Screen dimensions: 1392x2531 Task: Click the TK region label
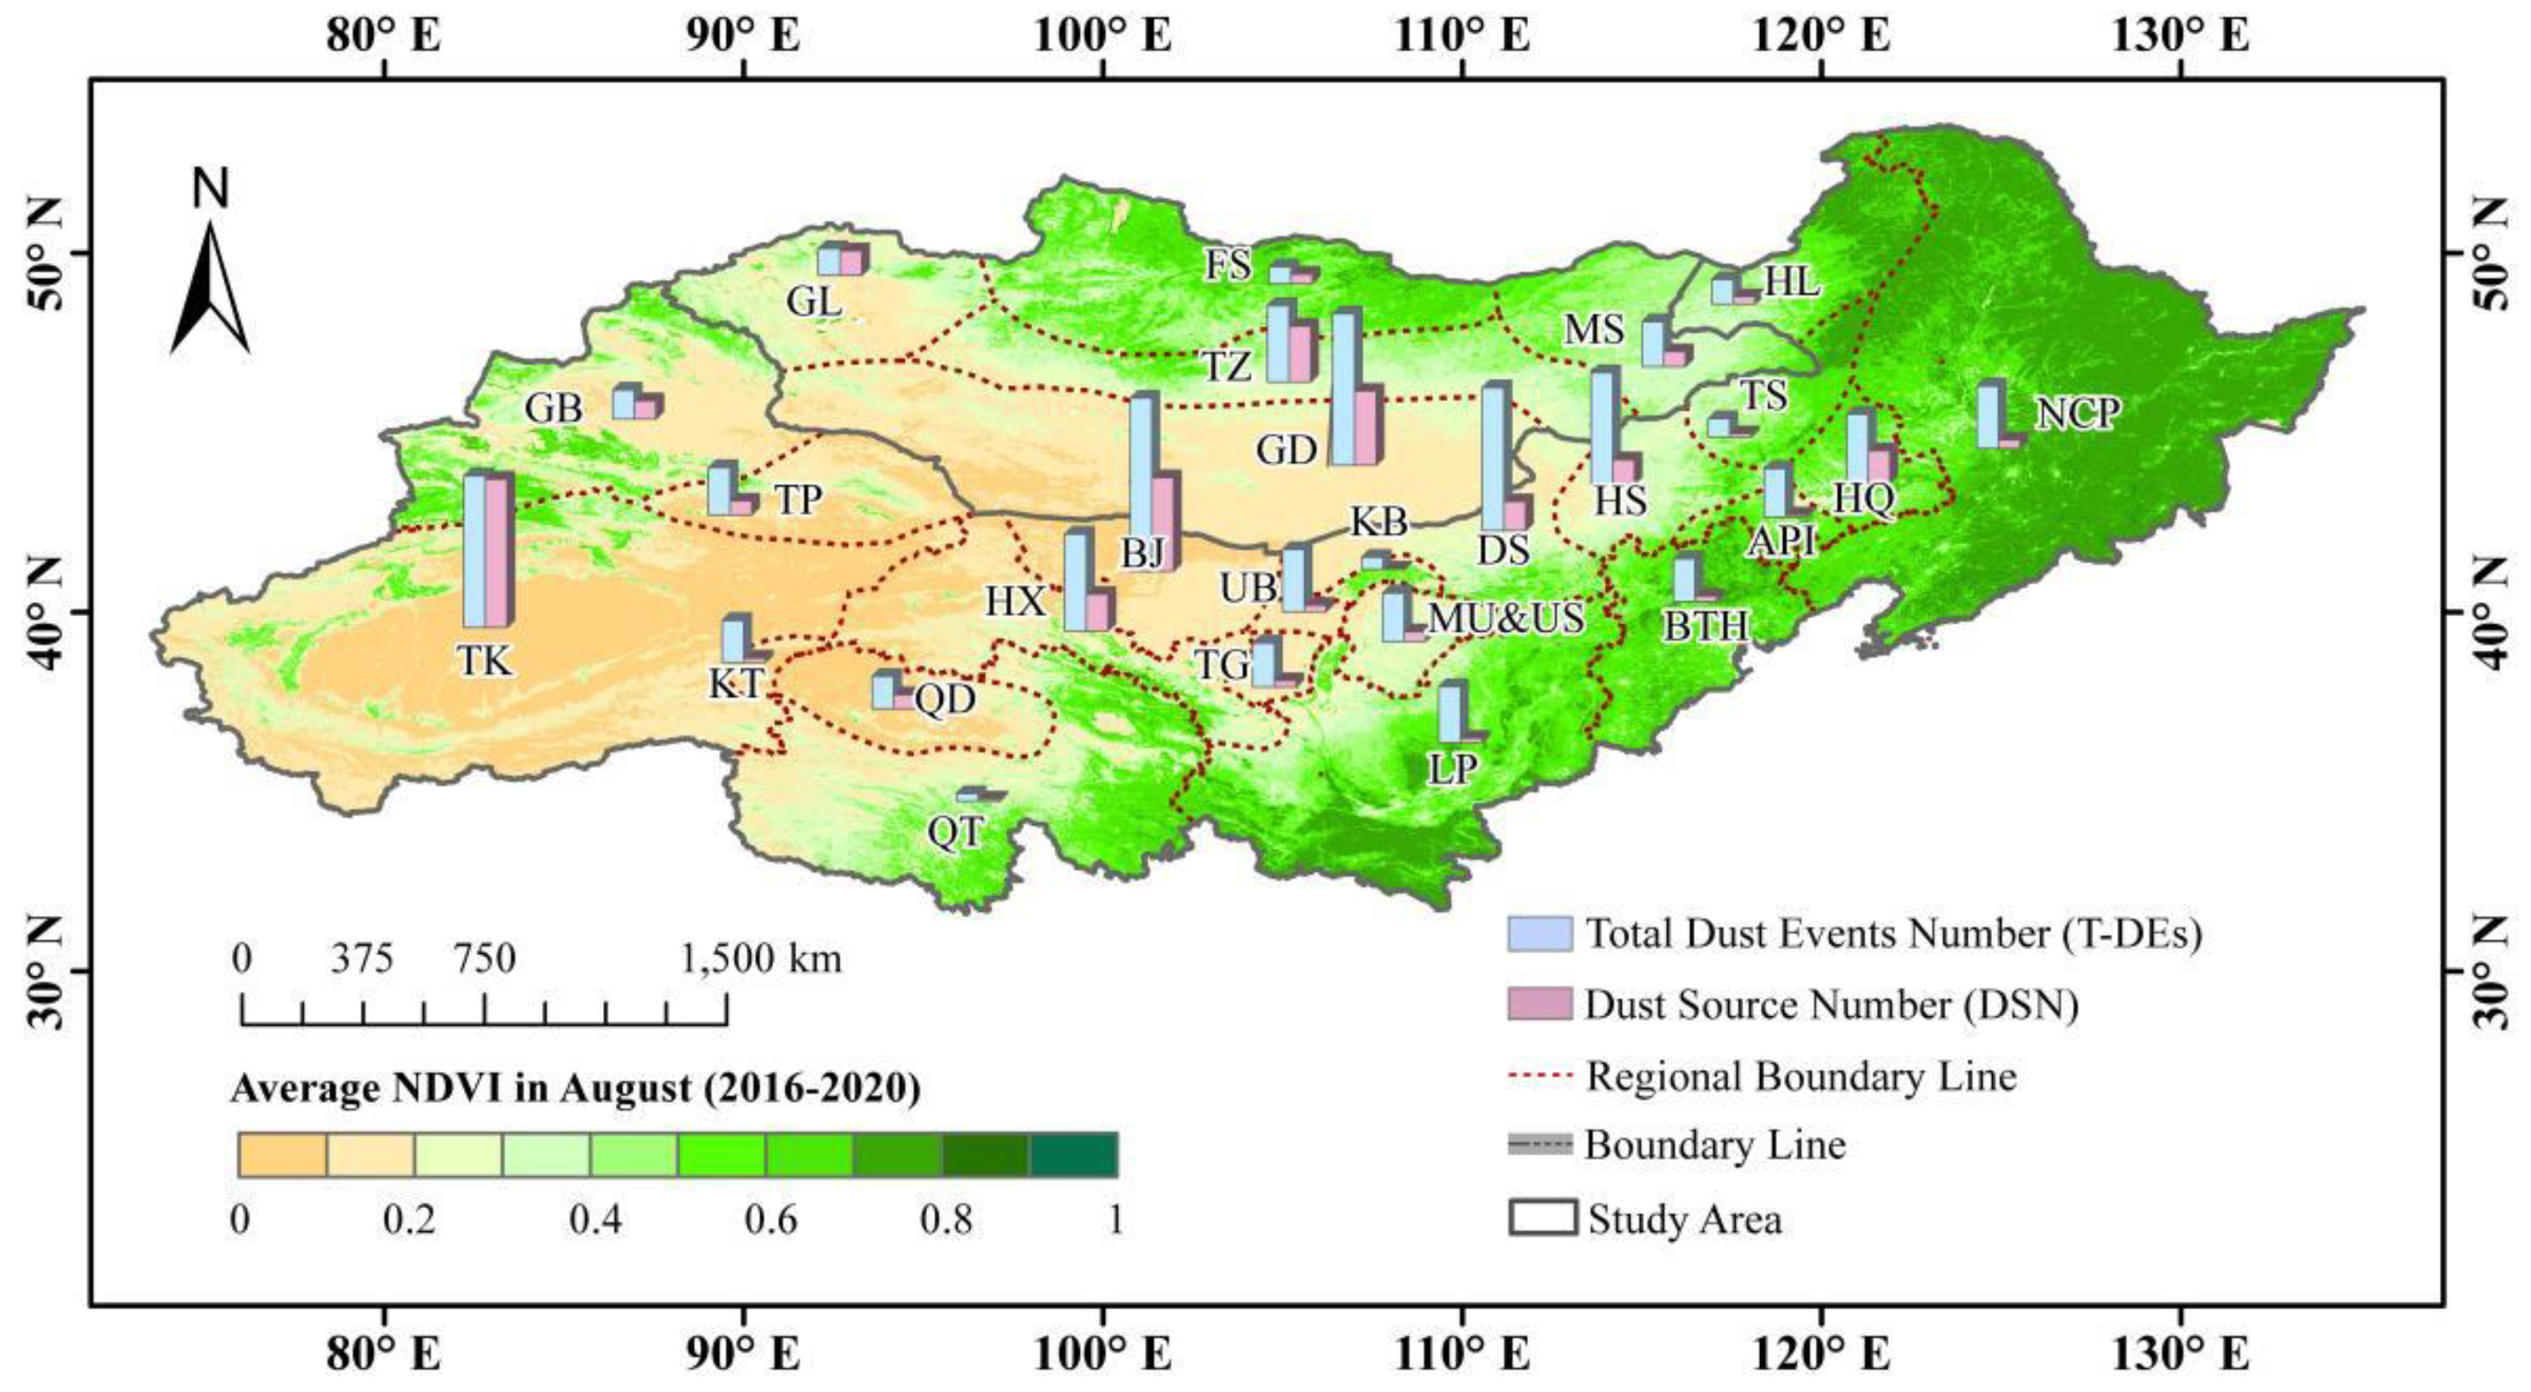click(484, 661)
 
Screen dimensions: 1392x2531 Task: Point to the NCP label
click(2077, 414)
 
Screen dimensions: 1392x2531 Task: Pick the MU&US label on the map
click(1506, 618)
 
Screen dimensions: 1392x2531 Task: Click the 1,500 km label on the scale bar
click(762, 958)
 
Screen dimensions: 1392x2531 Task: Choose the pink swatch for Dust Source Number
click(1540, 1004)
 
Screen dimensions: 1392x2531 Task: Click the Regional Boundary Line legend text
click(1801, 1076)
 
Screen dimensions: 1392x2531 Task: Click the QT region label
click(954, 832)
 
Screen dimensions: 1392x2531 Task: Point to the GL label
click(814, 301)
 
